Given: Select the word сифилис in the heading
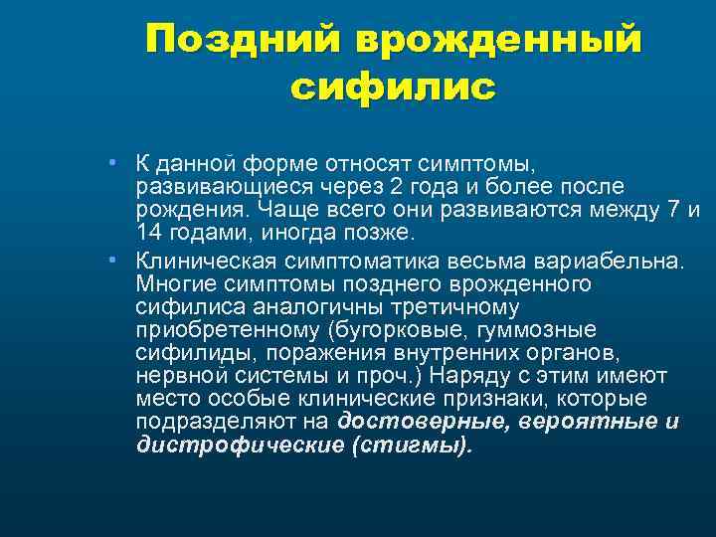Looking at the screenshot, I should tap(393, 88).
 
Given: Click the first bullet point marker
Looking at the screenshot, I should tap(115, 162).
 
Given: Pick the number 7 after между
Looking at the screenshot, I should tap(675, 210).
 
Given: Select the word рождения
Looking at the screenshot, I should tap(192, 210).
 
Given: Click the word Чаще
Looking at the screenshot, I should tap(289, 210).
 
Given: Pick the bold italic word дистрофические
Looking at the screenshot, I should tap(240, 446).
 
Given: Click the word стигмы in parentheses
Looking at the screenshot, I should tap(409, 446).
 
